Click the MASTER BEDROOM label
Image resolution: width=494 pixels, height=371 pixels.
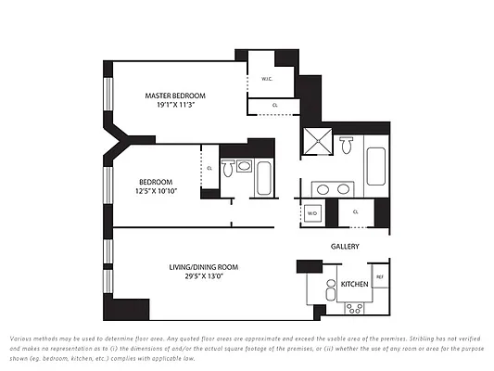coord(174,96)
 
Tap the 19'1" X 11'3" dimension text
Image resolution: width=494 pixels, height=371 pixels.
coord(174,105)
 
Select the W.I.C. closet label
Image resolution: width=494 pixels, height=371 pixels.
coord(266,79)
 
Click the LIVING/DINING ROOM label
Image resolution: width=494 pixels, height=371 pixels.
coord(203,267)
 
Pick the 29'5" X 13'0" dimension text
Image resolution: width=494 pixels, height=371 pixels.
coord(203,276)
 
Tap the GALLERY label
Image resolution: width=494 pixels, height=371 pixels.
coord(345,246)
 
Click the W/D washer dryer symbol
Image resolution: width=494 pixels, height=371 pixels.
coord(312,213)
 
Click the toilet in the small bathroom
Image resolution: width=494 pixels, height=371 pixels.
coord(244,166)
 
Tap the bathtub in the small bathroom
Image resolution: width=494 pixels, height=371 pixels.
coord(263,177)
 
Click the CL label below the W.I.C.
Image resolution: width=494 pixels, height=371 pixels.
coord(275,106)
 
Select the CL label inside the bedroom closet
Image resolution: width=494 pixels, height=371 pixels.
coord(209,168)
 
